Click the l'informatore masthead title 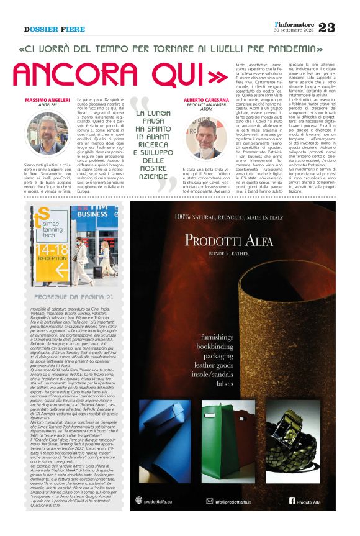click(x=295, y=23)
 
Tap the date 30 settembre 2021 click(x=294, y=30)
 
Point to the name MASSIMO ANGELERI click(x=47, y=101)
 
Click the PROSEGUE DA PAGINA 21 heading click(x=74, y=298)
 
